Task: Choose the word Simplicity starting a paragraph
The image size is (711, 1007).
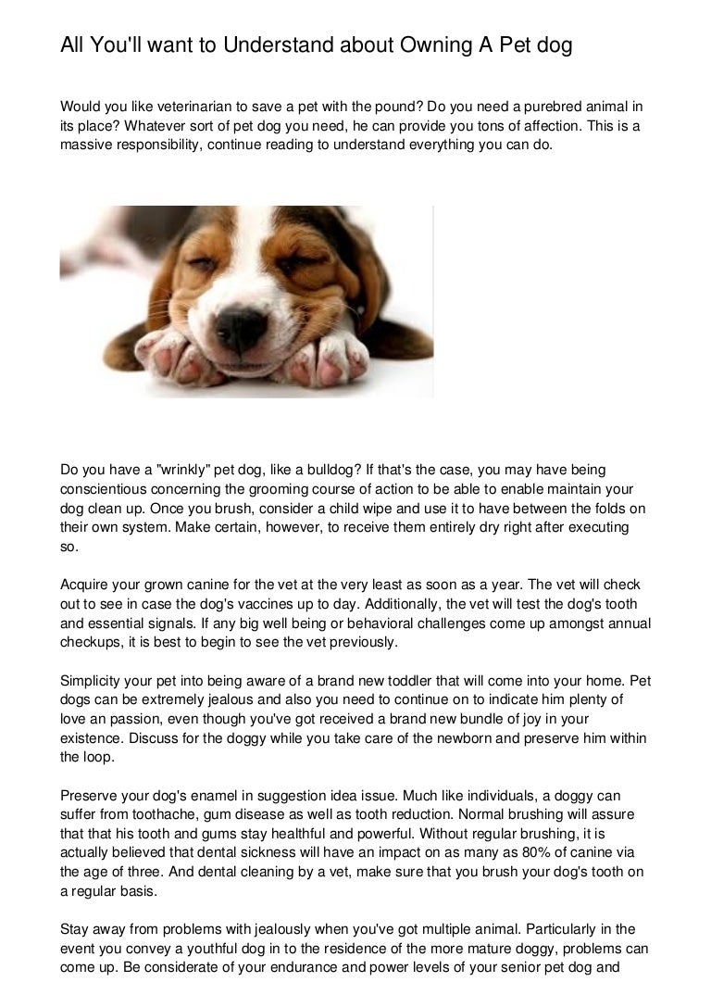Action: [94, 680]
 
